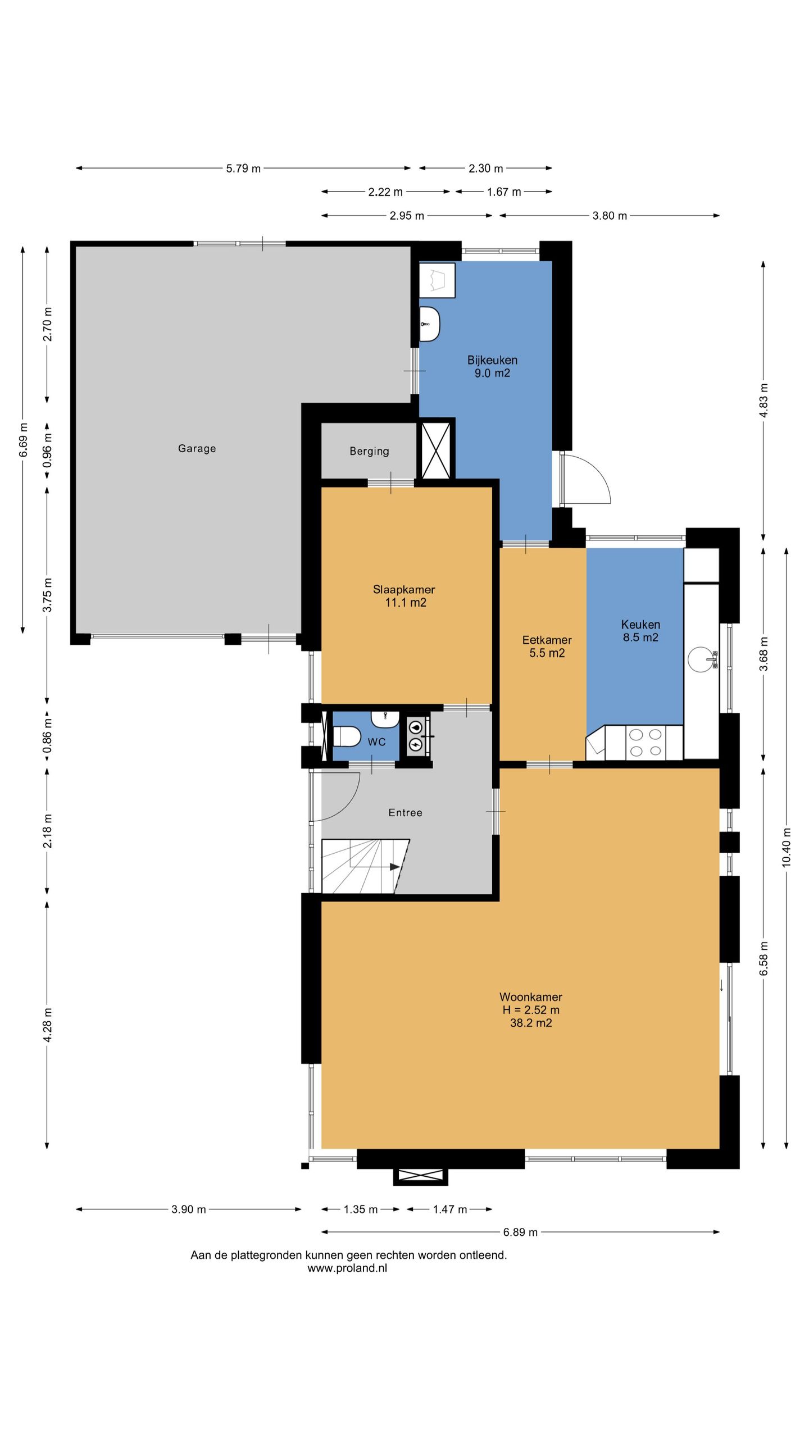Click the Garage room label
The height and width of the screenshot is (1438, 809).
(x=197, y=448)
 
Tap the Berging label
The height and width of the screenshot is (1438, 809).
(x=369, y=451)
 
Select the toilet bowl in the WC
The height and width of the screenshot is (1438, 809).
(x=347, y=736)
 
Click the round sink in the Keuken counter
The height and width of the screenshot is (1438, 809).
(x=702, y=659)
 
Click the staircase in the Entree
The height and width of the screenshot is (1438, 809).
(x=365, y=866)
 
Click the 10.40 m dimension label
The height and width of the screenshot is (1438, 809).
(x=786, y=847)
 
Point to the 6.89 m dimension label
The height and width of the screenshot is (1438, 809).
(x=520, y=1232)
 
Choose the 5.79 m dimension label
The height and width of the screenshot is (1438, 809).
(x=243, y=169)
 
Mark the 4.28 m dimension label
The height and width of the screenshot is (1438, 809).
(x=47, y=1025)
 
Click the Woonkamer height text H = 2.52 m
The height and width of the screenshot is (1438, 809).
(x=531, y=1009)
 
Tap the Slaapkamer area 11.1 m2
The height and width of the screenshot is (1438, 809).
(x=405, y=603)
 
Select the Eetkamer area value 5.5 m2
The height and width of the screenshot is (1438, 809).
(x=547, y=653)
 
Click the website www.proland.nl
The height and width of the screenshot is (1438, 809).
(x=347, y=1268)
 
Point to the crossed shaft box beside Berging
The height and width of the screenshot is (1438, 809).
(x=436, y=450)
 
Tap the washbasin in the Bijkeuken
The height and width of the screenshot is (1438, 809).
(x=429, y=324)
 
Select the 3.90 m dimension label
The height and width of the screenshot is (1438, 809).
(x=188, y=1209)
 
